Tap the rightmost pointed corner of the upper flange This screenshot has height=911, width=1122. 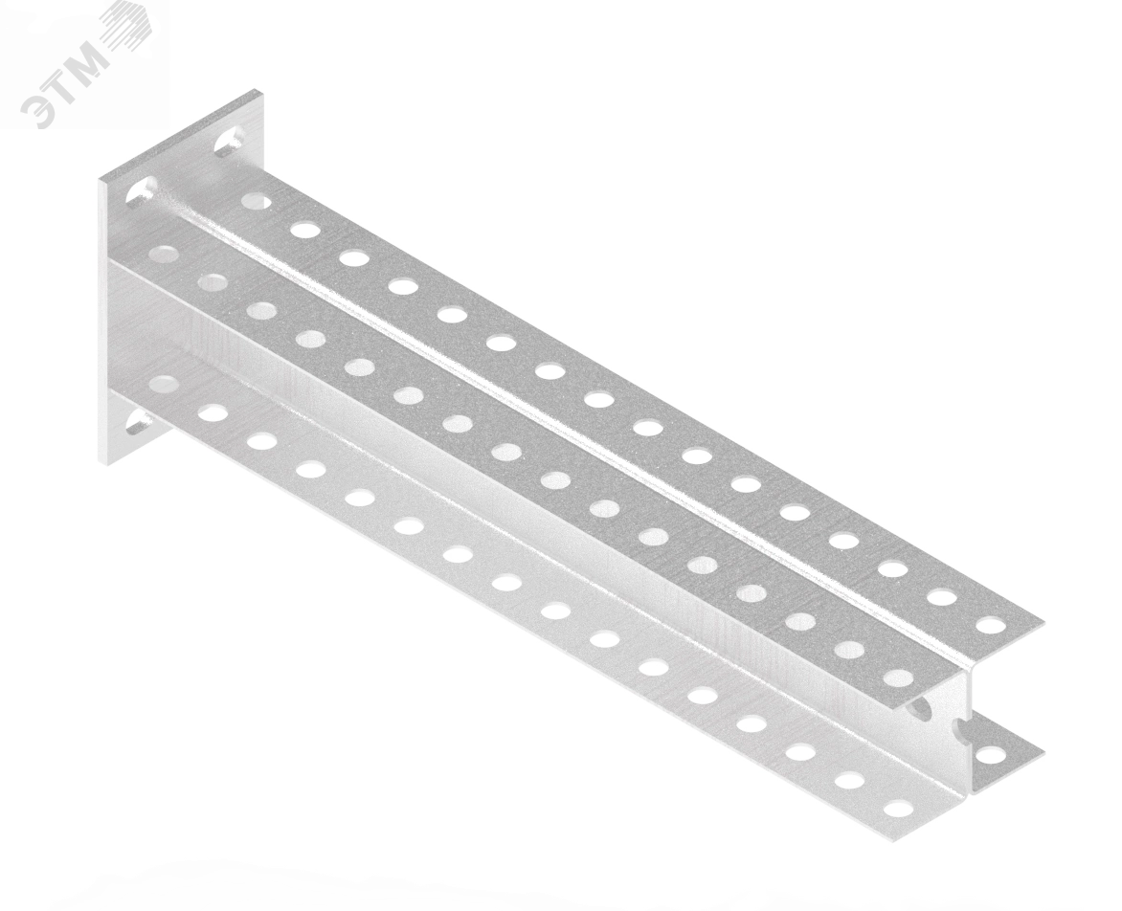1044,621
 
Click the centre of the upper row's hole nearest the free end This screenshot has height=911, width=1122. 991,624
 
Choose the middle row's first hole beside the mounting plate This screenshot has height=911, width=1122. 164,253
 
